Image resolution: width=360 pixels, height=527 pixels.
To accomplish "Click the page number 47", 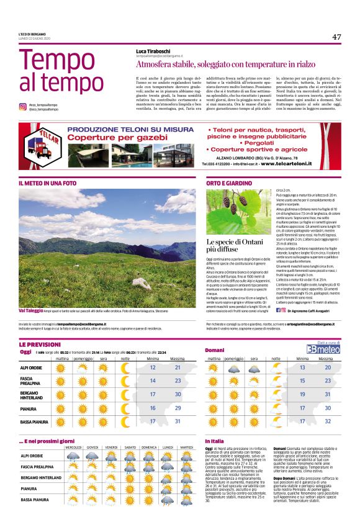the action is (336, 37).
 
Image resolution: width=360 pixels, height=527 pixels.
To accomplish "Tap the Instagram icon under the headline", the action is (23, 107).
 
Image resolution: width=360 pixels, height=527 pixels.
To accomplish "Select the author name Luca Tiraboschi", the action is (155, 51).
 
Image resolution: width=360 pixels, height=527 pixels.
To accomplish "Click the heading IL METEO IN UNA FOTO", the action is (48, 184).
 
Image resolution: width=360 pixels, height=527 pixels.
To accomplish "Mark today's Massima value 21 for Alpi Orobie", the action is (178, 367).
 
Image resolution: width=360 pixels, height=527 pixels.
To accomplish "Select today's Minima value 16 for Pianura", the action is (153, 408).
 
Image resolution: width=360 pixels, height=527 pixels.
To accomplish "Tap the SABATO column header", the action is (130, 446).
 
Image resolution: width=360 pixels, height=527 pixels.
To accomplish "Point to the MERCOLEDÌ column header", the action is (73, 446).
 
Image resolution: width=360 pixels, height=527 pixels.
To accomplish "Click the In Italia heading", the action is (215, 441).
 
